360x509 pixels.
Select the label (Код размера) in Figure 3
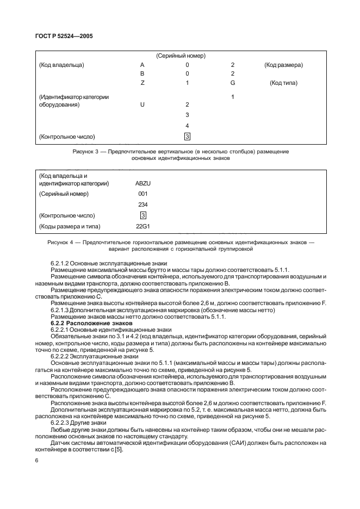coord(283,65)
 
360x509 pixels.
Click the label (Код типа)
coord(283,83)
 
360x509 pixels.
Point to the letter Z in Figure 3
coord(142,83)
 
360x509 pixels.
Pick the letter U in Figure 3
coord(142,104)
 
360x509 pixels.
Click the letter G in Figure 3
coord(232,83)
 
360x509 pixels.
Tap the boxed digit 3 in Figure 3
coord(187,136)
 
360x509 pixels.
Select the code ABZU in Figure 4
coord(142,183)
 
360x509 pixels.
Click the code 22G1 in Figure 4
coord(142,226)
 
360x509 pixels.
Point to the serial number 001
coord(142,194)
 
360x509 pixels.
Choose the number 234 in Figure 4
coord(142,204)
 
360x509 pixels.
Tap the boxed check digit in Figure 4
coord(142,215)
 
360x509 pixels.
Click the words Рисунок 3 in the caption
coord(85,152)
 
